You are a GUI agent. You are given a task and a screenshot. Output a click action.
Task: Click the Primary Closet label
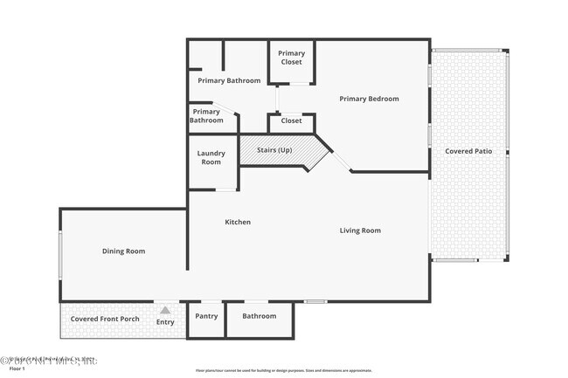coord(292,58)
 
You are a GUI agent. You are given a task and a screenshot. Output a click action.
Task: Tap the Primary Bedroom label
coord(369,99)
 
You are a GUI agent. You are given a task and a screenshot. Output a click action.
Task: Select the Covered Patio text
coord(468,151)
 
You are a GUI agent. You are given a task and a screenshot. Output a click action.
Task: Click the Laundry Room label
coord(211,157)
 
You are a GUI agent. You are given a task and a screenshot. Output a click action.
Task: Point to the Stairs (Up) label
coord(275,150)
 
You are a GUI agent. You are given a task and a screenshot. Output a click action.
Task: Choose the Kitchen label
coord(238,222)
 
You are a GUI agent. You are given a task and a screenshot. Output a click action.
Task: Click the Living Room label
coord(360,230)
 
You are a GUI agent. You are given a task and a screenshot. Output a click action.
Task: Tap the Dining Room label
coord(123,251)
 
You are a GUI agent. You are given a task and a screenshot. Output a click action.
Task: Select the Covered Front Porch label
coord(105,319)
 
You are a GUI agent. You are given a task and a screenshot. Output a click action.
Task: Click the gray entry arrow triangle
coord(164,309)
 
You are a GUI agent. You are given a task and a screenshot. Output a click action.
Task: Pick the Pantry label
coord(206,316)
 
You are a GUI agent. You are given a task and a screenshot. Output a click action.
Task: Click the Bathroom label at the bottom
coord(260,316)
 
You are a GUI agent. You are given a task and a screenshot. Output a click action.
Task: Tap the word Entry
coord(165,322)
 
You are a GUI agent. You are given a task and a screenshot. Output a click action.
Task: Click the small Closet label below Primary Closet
coord(291,120)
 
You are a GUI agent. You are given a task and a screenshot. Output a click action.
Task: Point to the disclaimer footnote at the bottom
coord(283,369)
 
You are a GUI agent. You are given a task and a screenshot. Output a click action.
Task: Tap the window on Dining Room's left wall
coord(60,253)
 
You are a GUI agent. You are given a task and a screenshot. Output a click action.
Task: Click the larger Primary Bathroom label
coord(229,80)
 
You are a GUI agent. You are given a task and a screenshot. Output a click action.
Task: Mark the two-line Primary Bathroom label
coord(207,115)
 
